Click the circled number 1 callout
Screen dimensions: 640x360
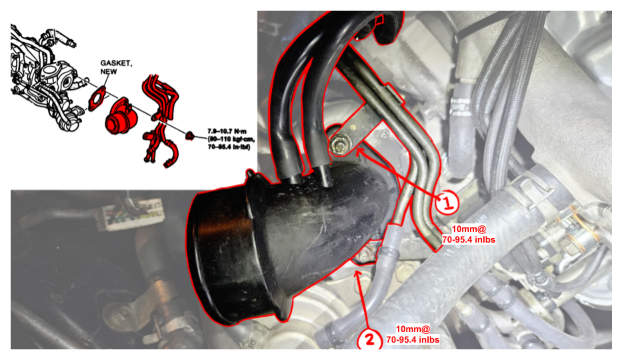point(446,202)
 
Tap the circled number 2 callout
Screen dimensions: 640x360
point(369,339)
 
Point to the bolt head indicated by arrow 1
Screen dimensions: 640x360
point(339,145)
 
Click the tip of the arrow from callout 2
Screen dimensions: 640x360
point(357,272)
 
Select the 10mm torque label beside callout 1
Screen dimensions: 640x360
point(468,234)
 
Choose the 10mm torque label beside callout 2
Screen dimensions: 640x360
point(413,334)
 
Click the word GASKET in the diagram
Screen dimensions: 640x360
point(116,63)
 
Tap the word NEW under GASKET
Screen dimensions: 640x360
point(109,71)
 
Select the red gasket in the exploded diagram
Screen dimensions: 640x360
point(97,99)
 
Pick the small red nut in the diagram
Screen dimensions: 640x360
point(189,135)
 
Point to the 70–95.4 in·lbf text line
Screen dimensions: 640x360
point(229,147)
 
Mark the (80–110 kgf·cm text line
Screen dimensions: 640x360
point(231,139)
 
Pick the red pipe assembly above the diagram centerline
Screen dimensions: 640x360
point(161,97)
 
